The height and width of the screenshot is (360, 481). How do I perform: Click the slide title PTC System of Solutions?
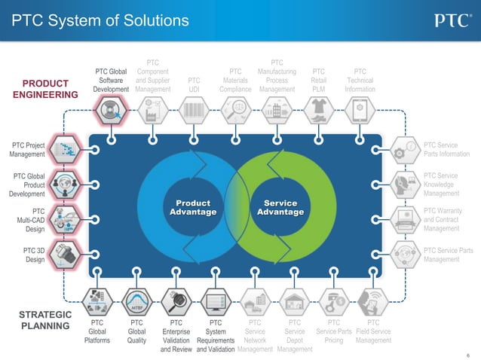coord(100,20)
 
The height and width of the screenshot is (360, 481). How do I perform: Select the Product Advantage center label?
coord(192,208)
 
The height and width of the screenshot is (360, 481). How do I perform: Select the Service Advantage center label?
coord(280,208)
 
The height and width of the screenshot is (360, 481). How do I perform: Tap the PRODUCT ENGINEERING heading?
coord(45,89)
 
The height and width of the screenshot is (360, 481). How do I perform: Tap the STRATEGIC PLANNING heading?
coord(45,320)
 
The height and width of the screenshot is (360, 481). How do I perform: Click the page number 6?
coord(468,353)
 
